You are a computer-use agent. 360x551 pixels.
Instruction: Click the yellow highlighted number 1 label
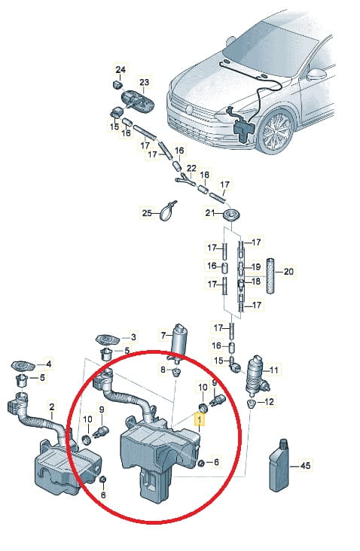(200, 419)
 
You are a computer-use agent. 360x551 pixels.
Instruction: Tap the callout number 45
(306, 466)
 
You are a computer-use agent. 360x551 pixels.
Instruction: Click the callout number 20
(288, 271)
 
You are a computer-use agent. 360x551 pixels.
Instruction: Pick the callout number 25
(147, 213)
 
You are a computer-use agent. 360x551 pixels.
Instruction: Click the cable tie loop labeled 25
(167, 211)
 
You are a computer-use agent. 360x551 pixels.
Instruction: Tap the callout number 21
(210, 212)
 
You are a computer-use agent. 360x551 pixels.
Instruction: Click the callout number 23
(144, 82)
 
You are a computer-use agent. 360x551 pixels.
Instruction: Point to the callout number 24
(121, 69)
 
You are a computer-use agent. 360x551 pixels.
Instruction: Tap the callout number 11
(274, 370)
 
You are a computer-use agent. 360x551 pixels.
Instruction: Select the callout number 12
(269, 402)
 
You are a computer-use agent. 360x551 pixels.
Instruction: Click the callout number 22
(191, 169)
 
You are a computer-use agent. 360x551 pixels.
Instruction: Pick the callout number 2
(52, 407)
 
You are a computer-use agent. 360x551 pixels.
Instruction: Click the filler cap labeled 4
(23, 366)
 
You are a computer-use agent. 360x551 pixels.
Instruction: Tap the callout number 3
(133, 337)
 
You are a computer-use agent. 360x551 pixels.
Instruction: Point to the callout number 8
(163, 370)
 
